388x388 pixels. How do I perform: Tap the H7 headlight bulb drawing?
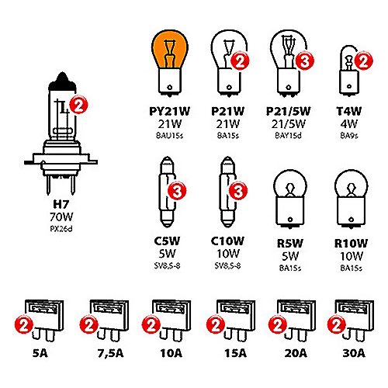pyautogui.click(x=61, y=133)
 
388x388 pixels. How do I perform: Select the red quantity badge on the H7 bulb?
pyautogui.click(x=79, y=105)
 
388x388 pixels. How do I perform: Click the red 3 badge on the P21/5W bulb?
pyautogui.click(x=305, y=61)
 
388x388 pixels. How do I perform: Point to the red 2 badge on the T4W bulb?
pyautogui.click(x=364, y=61)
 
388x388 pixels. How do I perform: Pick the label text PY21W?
pyautogui.click(x=170, y=111)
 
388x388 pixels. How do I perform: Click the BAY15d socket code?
pyautogui.click(x=288, y=135)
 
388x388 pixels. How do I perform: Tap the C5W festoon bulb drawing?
pyautogui.click(x=167, y=192)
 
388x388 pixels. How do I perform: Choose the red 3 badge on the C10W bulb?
pyautogui.click(x=238, y=191)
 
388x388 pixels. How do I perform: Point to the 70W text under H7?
pyautogui.click(x=61, y=217)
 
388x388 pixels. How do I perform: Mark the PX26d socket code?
pyautogui.click(x=61, y=229)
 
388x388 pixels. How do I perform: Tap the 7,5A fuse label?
pyautogui.click(x=110, y=353)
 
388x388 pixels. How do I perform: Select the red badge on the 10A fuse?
pyautogui.click(x=151, y=324)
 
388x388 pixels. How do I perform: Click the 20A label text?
pyautogui.click(x=296, y=353)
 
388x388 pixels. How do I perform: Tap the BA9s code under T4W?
pyautogui.click(x=349, y=135)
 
